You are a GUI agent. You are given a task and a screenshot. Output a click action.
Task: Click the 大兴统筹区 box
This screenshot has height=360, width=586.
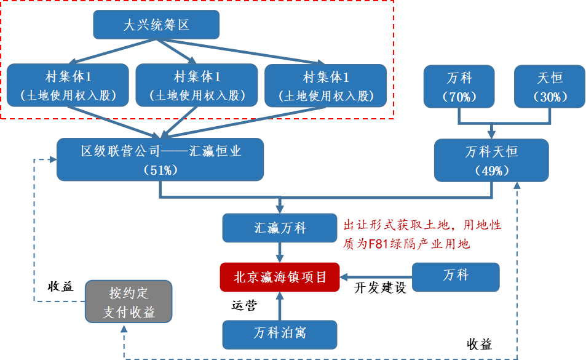click(x=156, y=25)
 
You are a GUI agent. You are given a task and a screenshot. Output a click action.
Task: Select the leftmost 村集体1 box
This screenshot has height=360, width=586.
click(x=68, y=86)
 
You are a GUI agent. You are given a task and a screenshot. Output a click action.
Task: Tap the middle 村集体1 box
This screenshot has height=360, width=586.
click(x=197, y=86)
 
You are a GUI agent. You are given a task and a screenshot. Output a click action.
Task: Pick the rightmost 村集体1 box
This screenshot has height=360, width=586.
click(x=326, y=86)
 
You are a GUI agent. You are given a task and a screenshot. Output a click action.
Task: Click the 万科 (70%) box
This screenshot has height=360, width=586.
click(x=459, y=87)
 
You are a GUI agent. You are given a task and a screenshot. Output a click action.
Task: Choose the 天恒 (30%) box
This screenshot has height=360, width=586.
click(x=549, y=87)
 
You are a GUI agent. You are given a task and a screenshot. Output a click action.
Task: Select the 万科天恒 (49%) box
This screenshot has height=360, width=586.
click(x=491, y=160)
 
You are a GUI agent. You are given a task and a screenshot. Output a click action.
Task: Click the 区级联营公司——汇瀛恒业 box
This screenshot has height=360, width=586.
click(x=160, y=159)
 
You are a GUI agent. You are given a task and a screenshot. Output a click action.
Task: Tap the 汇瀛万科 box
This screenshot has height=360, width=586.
click(x=280, y=228)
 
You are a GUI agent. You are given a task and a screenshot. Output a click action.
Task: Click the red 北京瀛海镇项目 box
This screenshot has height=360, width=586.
click(x=280, y=277)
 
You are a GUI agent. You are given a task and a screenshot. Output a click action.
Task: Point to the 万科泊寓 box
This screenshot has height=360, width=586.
click(x=280, y=334)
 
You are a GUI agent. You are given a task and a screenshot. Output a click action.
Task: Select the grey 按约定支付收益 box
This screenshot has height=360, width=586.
click(x=129, y=302)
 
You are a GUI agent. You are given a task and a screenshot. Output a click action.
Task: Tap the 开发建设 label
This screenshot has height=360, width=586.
click(x=380, y=289)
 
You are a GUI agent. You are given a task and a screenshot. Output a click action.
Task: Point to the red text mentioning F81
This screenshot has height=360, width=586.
click(x=422, y=234)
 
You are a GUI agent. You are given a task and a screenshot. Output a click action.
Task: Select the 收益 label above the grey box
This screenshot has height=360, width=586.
click(x=60, y=287)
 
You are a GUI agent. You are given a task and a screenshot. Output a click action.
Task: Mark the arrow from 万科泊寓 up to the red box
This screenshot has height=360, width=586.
click(x=280, y=306)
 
